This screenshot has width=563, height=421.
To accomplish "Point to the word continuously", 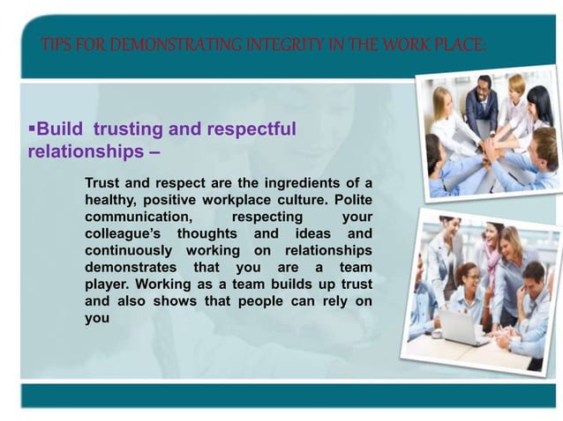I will click(x=131, y=250).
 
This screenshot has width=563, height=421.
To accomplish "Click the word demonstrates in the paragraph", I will click(x=129, y=268).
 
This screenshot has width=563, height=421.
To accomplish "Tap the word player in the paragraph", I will click(x=107, y=284).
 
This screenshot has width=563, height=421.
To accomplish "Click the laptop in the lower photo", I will click(x=460, y=327).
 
